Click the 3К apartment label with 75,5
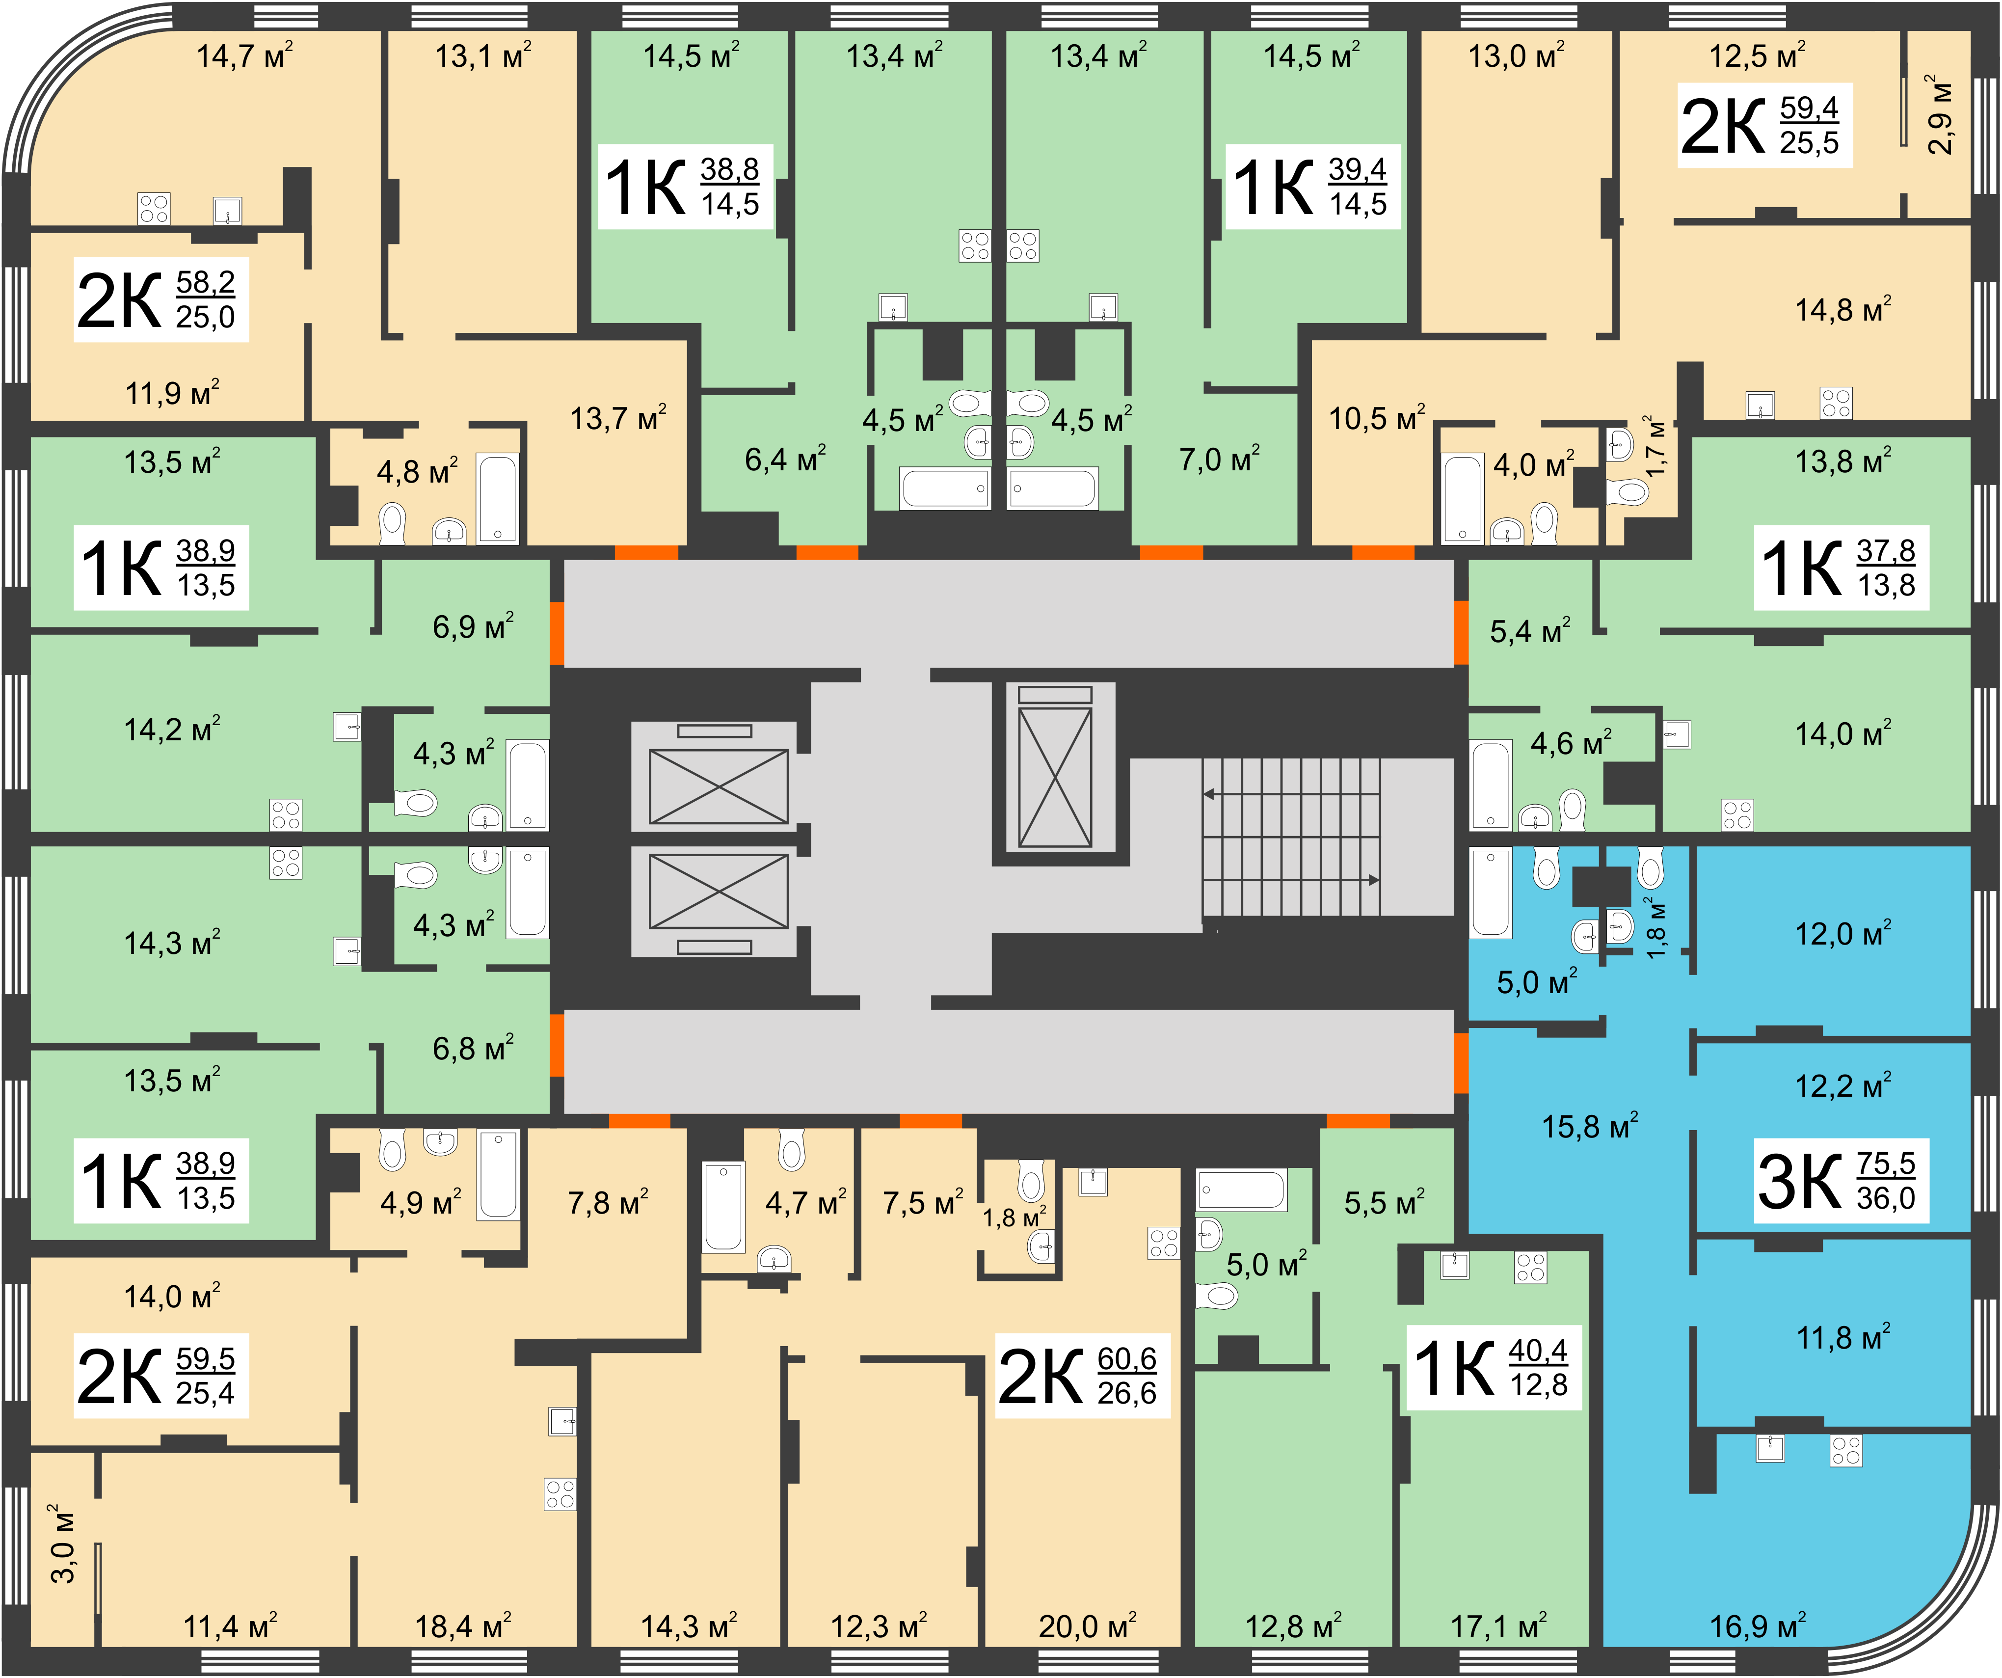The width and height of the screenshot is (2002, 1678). click(1841, 1181)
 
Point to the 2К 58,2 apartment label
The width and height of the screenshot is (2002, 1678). click(161, 299)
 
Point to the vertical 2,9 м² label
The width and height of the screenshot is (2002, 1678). click(1939, 114)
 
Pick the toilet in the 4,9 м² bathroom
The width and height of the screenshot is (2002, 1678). click(392, 1150)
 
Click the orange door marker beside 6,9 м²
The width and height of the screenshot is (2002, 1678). click(557, 632)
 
